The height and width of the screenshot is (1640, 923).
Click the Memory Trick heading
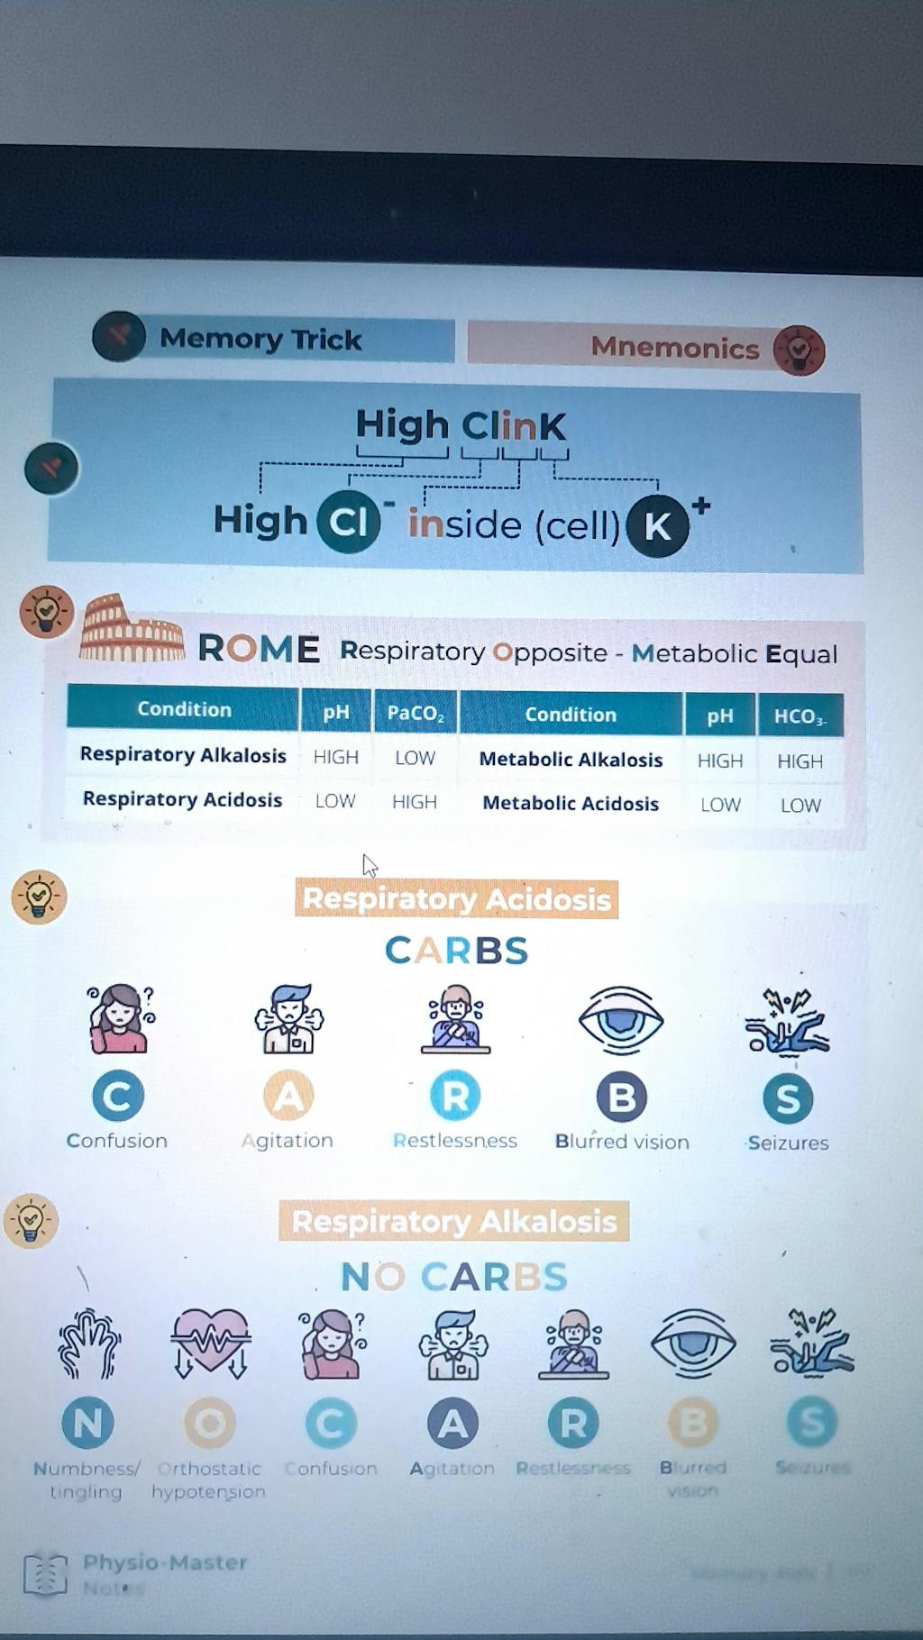pos(260,339)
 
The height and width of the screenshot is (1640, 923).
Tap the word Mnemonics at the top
pos(674,348)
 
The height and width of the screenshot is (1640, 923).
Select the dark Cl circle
pos(348,521)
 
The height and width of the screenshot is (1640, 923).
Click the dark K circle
pos(657,525)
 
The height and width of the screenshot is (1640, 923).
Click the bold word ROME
pos(258,649)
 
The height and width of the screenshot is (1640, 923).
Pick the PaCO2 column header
pos(415,713)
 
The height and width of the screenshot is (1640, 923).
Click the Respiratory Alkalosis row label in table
pos(183,755)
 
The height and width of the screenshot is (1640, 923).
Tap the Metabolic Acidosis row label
pos(571,803)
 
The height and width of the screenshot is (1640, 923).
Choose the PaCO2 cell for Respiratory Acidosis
pos(415,802)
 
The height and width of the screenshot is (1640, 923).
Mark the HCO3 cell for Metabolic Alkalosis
pos(800,761)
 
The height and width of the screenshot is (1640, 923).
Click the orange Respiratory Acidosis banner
pos(456,899)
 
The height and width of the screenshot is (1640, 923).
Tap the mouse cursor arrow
pos(369,866)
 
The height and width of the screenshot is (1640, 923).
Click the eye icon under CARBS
pos(620,1020)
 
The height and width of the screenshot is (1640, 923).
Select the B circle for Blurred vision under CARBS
pos(622,1098)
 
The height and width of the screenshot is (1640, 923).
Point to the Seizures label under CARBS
pos(788,1143)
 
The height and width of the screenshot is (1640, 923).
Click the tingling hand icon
pos(88,1343)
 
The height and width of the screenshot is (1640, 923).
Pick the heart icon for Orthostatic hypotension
pos(210,1342)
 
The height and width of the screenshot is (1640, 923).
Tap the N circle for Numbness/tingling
pos(87,1423)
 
